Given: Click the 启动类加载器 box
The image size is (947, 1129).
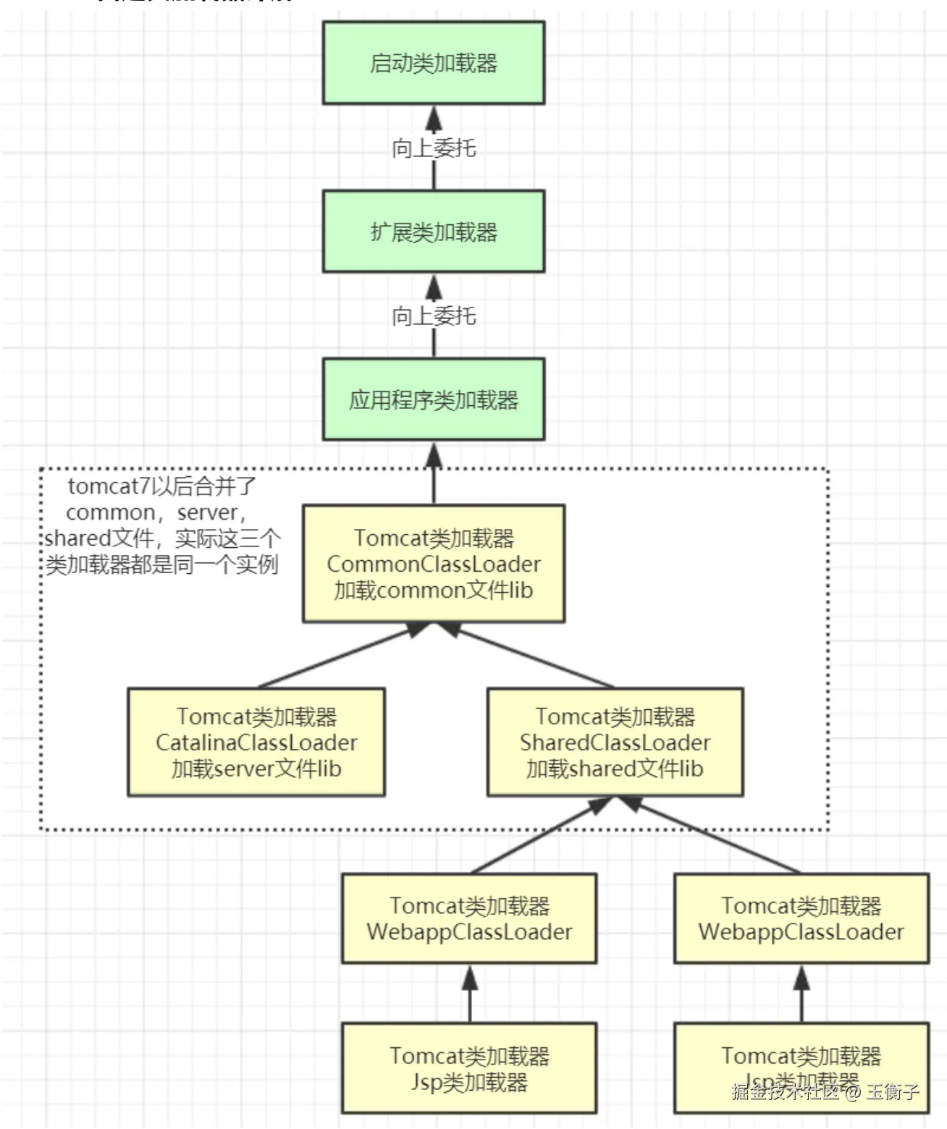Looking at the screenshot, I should [433, 63].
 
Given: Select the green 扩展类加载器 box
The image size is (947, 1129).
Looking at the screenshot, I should [433, 232].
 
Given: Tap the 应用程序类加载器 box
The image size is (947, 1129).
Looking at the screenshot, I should [433, 399].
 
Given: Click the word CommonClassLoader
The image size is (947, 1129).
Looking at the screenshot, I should [433, 564].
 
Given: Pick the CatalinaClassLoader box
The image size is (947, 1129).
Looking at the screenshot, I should [256, 743].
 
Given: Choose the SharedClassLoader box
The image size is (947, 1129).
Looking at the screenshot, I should [615, 743].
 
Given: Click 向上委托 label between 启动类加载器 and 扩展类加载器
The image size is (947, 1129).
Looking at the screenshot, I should [433, 148].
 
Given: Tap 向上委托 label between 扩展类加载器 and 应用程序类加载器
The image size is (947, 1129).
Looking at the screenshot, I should [433, 316].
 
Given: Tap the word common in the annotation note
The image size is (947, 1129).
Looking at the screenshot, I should [110, 512].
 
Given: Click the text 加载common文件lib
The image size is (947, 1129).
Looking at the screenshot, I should [433, 591].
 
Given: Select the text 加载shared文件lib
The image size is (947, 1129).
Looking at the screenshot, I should [615, 769].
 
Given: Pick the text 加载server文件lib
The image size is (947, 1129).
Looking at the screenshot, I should [256, 769].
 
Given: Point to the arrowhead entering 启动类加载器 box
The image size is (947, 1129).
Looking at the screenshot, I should [434, 117].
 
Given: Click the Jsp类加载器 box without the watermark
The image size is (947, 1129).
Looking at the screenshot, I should [469, 1068].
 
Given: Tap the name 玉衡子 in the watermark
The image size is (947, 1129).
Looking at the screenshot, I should [893, 1091].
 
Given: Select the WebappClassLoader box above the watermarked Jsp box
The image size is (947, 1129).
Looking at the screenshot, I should [801, 918].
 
